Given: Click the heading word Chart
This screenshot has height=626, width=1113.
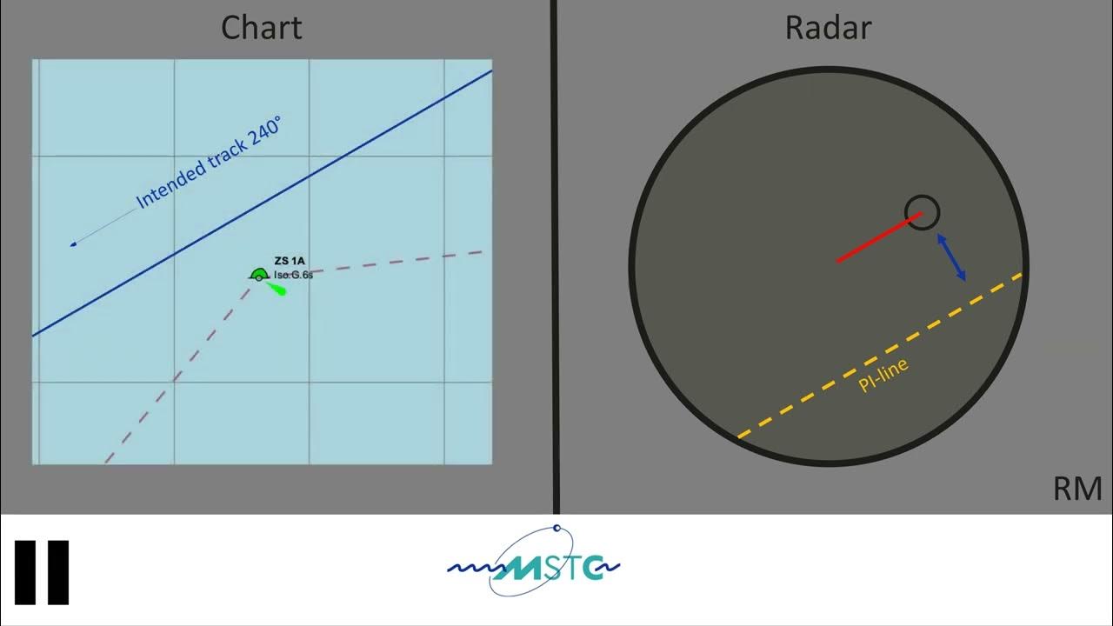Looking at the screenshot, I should tap(261, 28).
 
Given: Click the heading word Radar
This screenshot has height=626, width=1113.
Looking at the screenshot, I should tap(828, 28).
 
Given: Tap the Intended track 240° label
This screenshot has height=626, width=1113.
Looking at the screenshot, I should tap(209, 164).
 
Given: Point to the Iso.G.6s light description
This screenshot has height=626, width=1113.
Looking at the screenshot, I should tap(293, 275).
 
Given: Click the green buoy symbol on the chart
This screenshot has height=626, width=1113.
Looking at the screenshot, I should tap(258, 276).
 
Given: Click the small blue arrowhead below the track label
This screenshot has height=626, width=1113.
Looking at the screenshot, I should tap(74, 244).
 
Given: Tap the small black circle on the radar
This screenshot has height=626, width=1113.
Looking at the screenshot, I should tap(922, 212).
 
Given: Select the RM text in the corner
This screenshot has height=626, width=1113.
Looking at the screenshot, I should tap(1076, 489).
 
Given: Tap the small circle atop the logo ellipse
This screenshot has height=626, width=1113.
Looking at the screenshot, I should tap(556, 528).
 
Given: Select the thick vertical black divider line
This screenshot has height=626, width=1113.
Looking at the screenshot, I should tap(555, 261).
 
